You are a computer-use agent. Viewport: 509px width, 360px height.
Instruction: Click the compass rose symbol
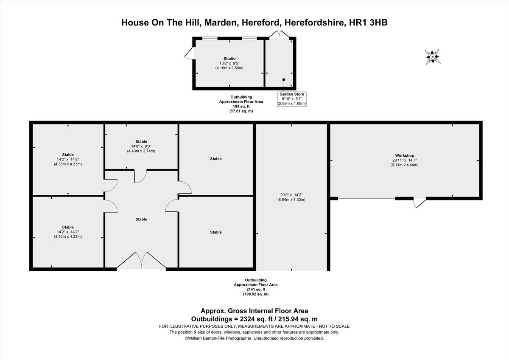[432, 56]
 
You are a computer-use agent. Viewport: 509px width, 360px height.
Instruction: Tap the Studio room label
[229, 59]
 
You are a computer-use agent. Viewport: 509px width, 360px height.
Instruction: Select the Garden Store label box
[291, 98]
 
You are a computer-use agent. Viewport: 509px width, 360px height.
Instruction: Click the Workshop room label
[404, 156]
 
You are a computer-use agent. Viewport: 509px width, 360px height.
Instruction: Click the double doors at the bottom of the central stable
[141, 261]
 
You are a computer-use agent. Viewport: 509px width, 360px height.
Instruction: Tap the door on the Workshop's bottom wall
[419, 202]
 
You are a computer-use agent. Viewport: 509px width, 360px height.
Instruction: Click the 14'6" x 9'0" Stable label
[141, 146]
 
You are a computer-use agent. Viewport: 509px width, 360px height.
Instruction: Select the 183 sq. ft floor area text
[241, 107]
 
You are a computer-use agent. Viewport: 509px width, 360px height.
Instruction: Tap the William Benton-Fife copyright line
[254, 338]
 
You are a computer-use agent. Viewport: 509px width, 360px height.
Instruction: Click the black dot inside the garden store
[284, 80]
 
